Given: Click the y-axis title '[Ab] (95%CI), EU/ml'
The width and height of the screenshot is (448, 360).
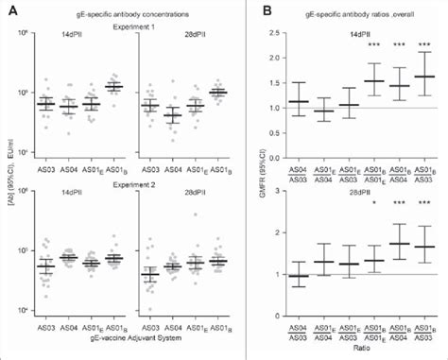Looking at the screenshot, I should (11, 180).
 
